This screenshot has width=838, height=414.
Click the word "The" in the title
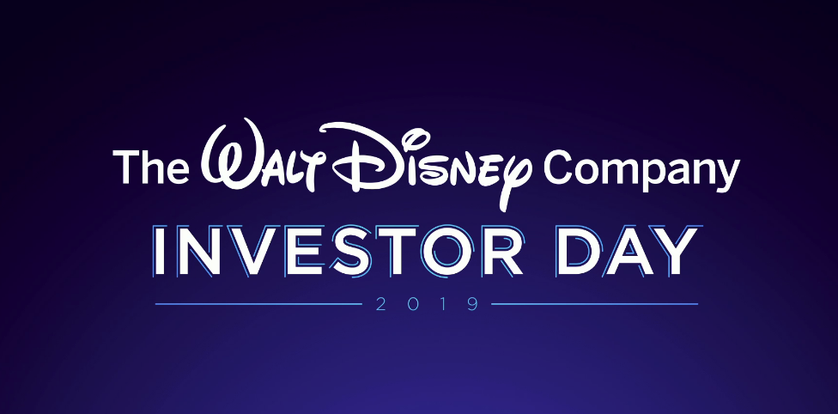point(151,167)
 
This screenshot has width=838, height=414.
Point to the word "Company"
point(641,169)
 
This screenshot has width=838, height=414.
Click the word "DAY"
point(627,251)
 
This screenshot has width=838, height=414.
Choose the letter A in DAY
point(628,251)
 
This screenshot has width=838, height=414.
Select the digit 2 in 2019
point(381,304)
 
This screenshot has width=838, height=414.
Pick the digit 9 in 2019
point(473,304)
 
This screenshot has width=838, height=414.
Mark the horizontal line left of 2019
point(258,304)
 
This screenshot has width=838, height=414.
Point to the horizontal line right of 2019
point(594,304)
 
